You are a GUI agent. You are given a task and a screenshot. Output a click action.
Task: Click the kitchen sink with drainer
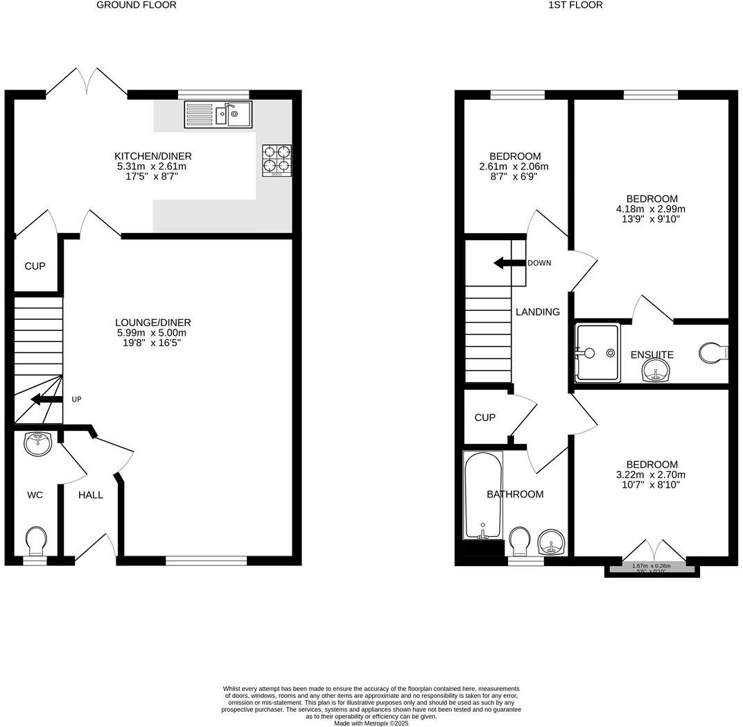[218, 115]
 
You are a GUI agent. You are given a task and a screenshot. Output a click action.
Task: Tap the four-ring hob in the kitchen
[277, 160]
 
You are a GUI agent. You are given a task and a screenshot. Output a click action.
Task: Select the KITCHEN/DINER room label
[152, 156]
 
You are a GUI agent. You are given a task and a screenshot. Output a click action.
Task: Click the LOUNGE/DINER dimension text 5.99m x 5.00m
[152, 333]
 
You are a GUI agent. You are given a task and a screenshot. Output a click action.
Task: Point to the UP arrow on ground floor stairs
[46, 400]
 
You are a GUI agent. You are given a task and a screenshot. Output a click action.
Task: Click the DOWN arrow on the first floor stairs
[508, 263]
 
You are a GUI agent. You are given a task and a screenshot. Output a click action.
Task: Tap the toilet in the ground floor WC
[36, 538]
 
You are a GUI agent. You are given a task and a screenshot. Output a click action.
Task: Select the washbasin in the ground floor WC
[38, 443]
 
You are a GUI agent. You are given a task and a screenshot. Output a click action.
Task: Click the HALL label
[90, 495]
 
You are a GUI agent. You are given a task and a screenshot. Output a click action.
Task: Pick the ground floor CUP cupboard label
[35, 266]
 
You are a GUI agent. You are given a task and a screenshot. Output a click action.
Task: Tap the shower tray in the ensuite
[597, 352]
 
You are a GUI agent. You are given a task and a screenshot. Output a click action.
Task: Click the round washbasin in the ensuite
[655, 374]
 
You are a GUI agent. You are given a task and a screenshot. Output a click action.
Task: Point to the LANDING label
[537, 312]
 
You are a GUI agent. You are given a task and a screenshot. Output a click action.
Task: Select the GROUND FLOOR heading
[136, 5]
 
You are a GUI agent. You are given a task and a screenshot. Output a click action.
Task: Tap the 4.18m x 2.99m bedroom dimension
[651, 209]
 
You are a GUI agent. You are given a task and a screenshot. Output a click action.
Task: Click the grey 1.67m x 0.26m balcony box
[652, 568]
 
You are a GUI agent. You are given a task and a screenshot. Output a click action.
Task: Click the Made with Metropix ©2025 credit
[371, 723]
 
